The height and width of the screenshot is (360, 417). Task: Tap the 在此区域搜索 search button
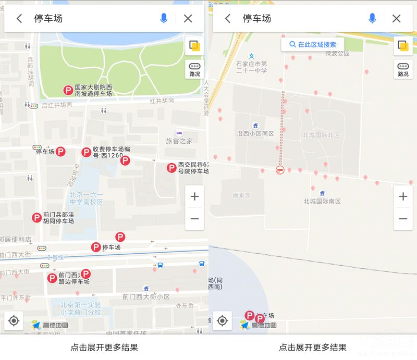[313, 45]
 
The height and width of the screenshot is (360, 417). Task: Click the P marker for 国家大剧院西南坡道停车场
[68, 91]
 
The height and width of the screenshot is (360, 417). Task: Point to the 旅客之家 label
[179, 141]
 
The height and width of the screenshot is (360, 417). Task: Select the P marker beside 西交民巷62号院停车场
[171, 168]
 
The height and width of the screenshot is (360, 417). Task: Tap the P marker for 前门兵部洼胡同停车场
[36, 218]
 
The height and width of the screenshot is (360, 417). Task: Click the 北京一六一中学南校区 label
[86, 198]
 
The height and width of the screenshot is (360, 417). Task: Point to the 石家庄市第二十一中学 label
[251, 67]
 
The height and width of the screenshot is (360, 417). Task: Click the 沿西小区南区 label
[255, 134]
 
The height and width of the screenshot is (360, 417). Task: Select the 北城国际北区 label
[321, 135]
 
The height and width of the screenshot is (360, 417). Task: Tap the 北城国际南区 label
[322, 201]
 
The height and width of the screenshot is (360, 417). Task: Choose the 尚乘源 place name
[241, 195]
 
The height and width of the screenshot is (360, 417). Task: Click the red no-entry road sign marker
[280, 170]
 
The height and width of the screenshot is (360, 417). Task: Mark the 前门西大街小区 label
[146, 296]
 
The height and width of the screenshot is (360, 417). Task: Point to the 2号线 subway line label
[55, 257]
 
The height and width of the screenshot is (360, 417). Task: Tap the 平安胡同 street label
[73, 175]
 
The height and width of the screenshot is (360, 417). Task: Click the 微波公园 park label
[337, 53]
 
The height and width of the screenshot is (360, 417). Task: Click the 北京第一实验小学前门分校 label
[80, 308]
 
